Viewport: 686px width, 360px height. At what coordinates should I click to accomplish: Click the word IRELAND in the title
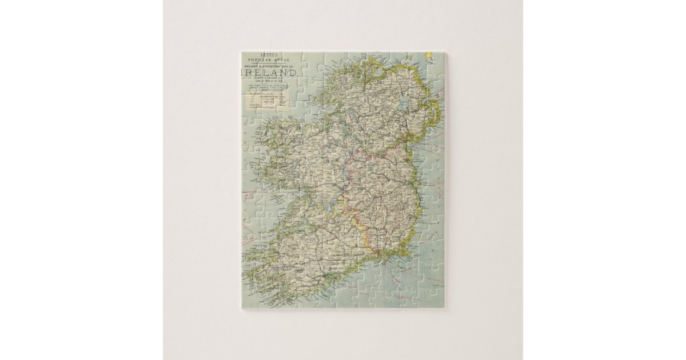268,73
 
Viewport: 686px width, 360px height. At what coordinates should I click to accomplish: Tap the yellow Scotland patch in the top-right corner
428,56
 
